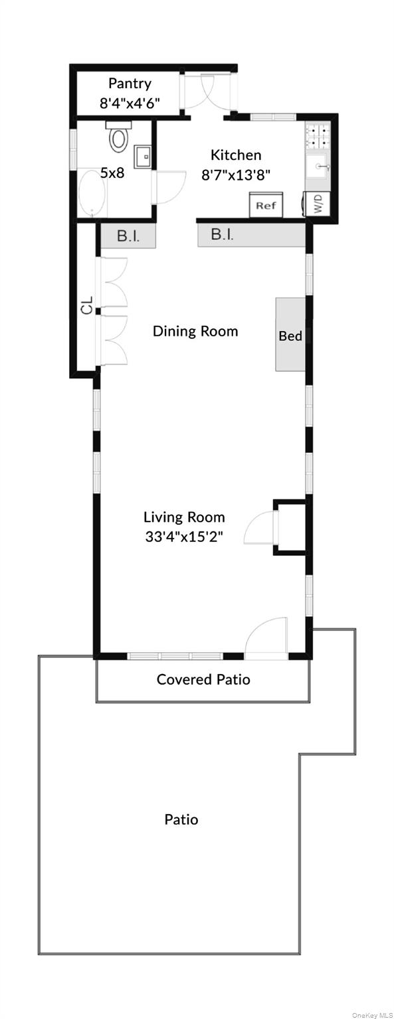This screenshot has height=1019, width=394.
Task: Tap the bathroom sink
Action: coord(143,157)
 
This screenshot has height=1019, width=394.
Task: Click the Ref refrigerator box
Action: coord(266,205)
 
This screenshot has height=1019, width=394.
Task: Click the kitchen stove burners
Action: coord(318,135)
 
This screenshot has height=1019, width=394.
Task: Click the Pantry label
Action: coord(130,84)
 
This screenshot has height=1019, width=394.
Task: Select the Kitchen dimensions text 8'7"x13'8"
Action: coord(236,175)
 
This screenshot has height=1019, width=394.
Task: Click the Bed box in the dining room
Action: coord(290,334)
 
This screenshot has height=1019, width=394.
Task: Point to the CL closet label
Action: coord(87,305)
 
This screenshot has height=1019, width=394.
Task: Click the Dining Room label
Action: coord(195,331)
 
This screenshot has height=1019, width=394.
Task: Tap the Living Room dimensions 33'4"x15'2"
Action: coord(184,537)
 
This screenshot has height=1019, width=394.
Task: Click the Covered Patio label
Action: coord(203,679)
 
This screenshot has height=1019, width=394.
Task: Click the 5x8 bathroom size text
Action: coord(112,173)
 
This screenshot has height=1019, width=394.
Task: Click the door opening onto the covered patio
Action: coord(266,638)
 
